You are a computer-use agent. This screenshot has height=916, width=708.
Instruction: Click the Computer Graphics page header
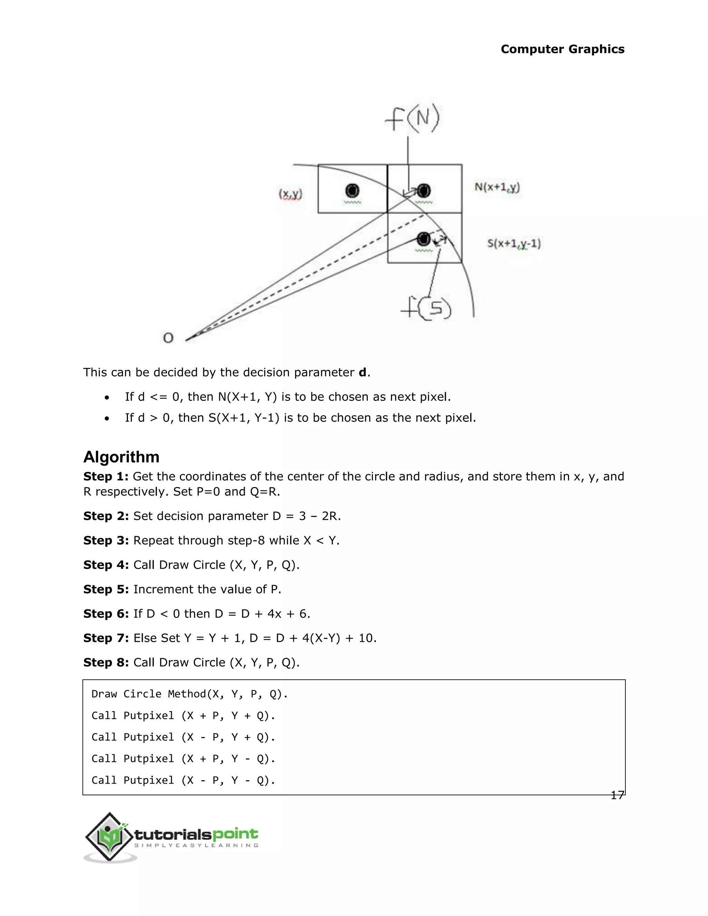(562, 49)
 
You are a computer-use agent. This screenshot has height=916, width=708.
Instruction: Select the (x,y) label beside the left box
(290, 194)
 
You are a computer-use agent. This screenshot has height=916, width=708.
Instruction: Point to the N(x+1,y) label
(497, 187)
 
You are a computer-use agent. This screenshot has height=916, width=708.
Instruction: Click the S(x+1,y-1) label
(514, 243)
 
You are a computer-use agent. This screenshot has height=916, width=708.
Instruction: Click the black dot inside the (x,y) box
(352, 191)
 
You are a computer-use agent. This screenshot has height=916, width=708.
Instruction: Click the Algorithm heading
(121, 457)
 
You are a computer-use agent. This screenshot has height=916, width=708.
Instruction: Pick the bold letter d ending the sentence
(362, 372)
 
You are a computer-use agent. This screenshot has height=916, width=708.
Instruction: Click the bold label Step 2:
(106, 516)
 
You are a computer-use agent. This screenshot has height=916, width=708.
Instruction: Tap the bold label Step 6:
(106, 614)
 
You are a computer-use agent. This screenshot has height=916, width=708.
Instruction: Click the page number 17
(617, 795)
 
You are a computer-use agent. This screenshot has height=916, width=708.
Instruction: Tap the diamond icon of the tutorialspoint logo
(110, 837)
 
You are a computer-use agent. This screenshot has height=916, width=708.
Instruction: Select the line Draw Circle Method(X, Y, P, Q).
(189, 694)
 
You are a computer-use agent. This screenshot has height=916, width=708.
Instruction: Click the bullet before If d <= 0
(108, 397)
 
